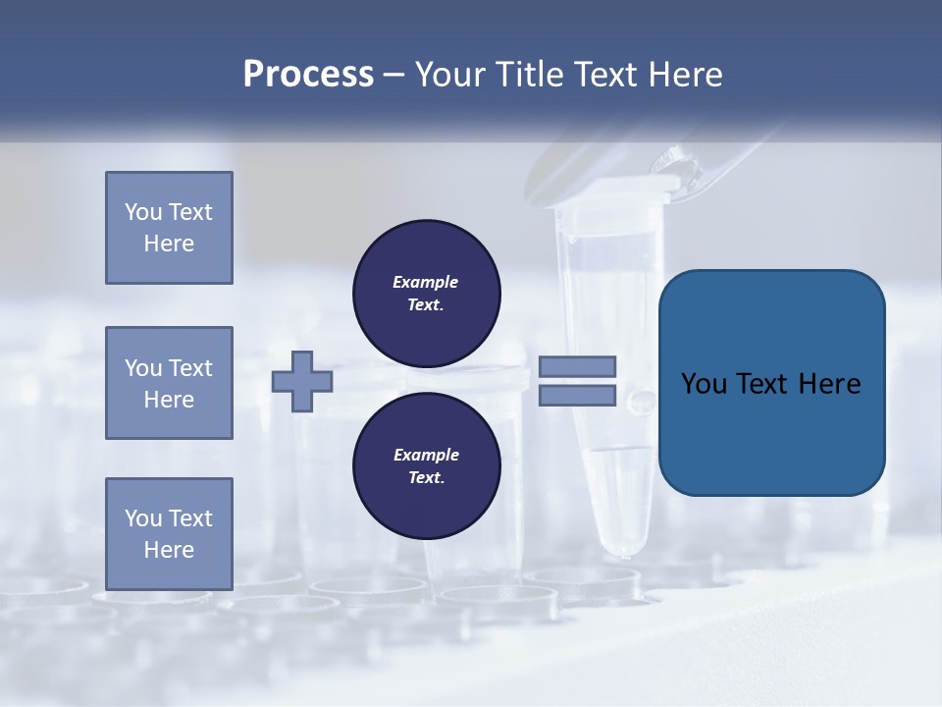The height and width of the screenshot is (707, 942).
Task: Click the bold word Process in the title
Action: click(x=308, y=75)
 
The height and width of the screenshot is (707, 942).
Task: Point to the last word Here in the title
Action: click(x=684, y=75)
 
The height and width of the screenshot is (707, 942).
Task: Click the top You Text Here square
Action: click(x=169, y=228)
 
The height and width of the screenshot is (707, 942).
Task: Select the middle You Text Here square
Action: click(x=169, y=383)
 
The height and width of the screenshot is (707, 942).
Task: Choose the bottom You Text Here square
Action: click(x=169, y=534)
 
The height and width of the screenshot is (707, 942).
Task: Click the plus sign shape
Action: click(x=302, y=381)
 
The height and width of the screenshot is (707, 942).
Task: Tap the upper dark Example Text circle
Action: click(x=426, y=294)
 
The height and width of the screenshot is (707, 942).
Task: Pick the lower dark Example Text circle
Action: click(x=426, y=466)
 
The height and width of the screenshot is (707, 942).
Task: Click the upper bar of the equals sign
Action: click(x=578, y=366)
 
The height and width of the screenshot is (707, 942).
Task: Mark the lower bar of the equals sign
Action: click(x=578, y=396)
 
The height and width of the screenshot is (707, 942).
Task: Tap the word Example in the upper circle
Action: click(x=425, y=282)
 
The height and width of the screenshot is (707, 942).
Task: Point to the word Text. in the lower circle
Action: click(x=425, y=478)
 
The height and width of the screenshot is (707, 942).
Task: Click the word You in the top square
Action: click(x=142, y=212)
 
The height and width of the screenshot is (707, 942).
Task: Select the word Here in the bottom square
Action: click(x=169, y=550)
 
